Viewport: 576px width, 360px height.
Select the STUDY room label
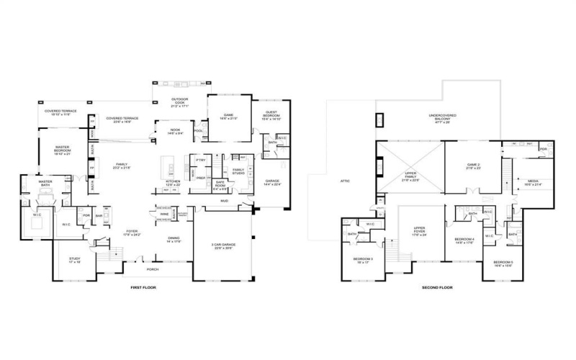click(75, 260)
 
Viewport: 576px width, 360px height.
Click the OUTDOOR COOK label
click(179, 101)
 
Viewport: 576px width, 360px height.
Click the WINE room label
click(165, 214)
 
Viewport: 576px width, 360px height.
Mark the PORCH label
click(152, 270)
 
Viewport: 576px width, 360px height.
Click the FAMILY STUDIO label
click(238, 171)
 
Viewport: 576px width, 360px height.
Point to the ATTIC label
click(345, 181)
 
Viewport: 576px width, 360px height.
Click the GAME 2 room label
click(473, 166)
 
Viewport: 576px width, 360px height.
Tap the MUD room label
click(224, 201)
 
